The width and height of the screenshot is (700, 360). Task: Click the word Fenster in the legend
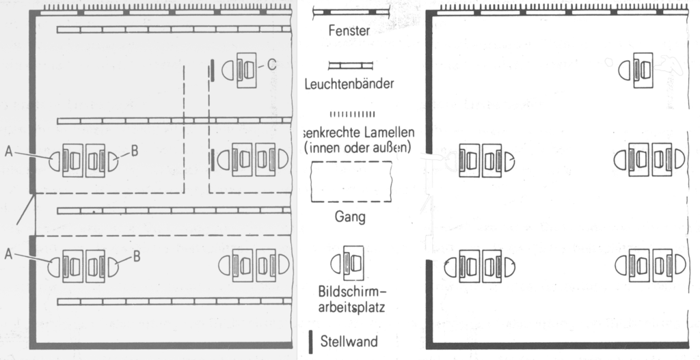tap(349, 31)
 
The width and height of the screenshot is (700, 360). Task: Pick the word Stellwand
tap(349, 340)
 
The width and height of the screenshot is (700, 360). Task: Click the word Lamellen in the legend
tap(387, 130)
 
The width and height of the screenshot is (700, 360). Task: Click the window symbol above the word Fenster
tap(350, 12)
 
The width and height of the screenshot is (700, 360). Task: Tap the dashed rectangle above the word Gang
tap(350, 183)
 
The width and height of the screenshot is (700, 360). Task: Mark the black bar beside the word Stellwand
tap(312, 340)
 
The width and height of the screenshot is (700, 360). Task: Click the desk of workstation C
tap(245, 69)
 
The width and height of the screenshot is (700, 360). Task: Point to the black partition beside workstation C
tap(213, 70)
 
